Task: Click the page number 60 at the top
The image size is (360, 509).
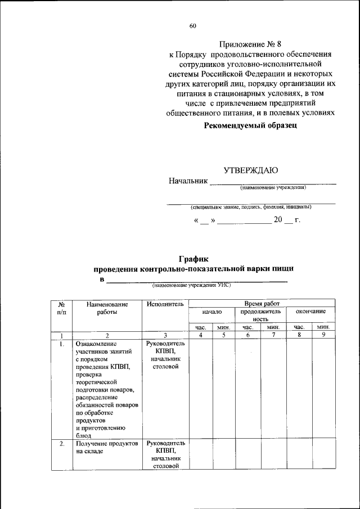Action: pyautogui.click(x=193, y=26)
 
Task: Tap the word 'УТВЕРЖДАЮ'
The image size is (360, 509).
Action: pyautogui.click(x=251, y=169)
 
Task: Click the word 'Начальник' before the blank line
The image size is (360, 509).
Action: pyautogui.click(x=187, y=181)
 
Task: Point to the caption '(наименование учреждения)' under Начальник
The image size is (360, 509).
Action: pyautogui.click(x=272, y=187)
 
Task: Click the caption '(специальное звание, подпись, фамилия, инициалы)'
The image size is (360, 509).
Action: pyautogui.click(x=251, y=206)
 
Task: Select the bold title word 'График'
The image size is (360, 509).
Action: pyautogui.click(x=193, y=259)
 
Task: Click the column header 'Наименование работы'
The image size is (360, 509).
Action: pyautogui.click(x=107, y=308)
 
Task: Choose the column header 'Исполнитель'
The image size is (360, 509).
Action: pyautogui.click(x=165, y=304)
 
